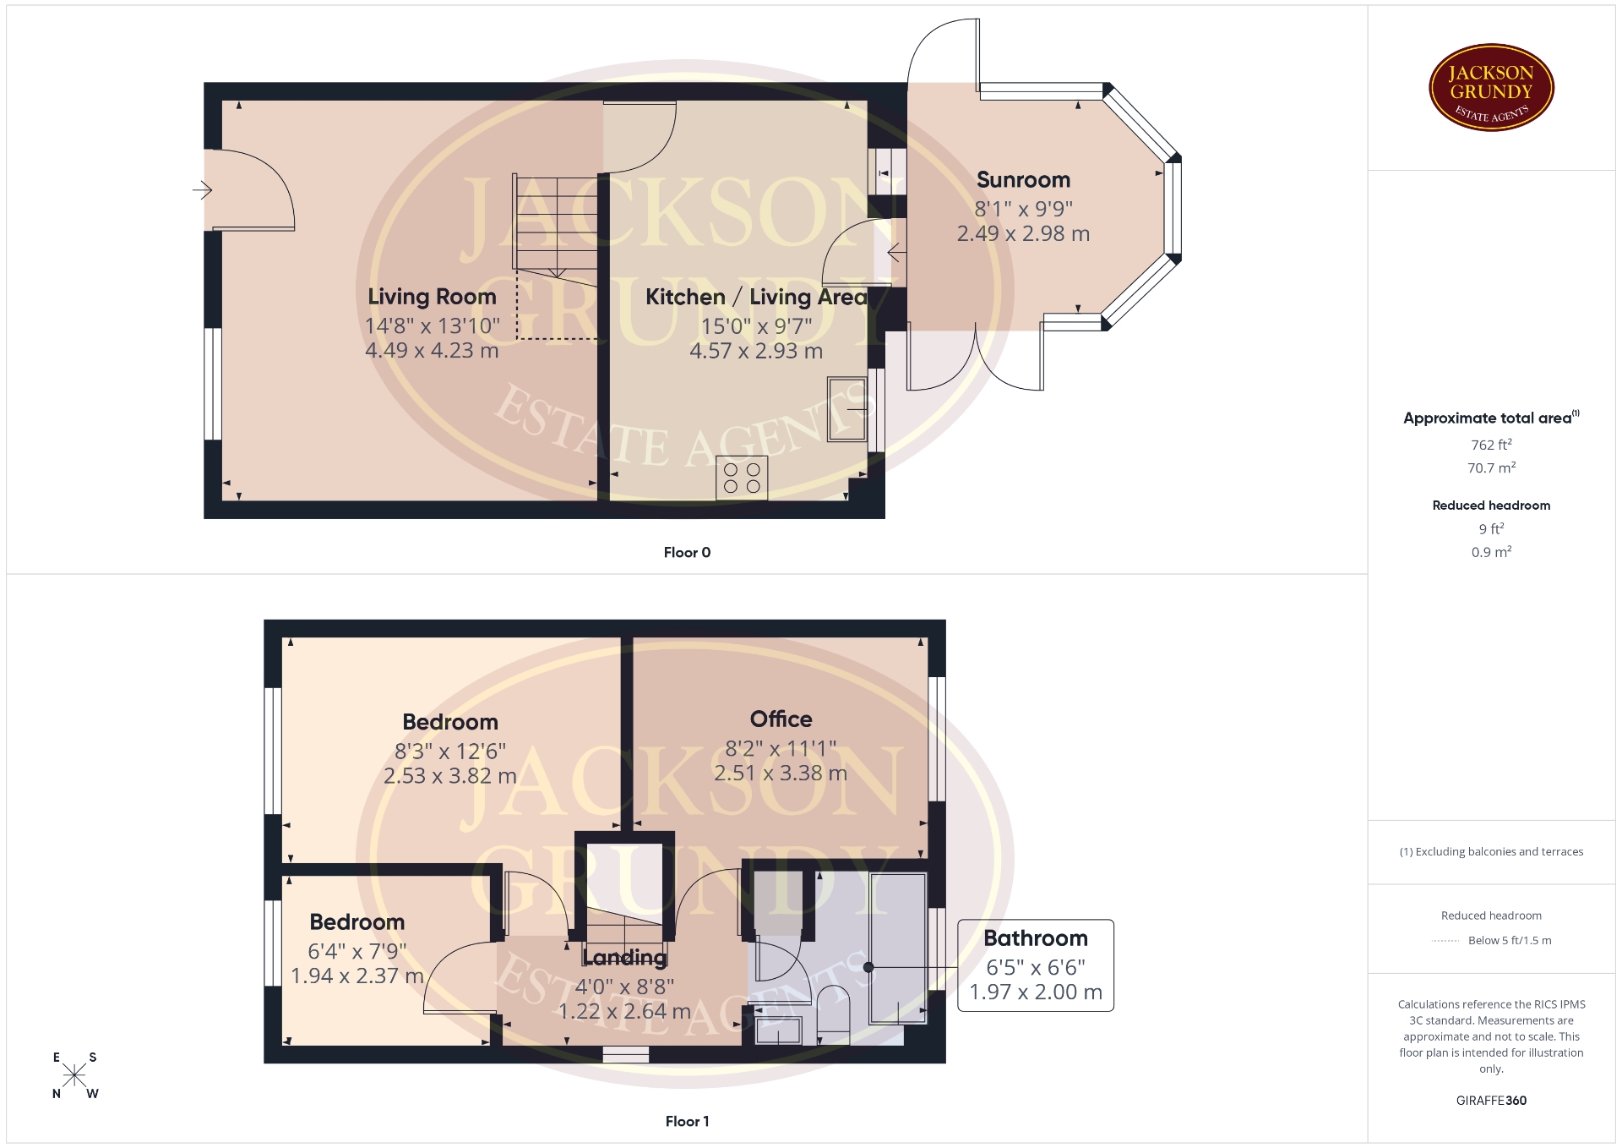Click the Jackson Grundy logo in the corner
1491,88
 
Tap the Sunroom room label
1023,180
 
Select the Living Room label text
432,297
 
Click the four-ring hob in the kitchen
742,478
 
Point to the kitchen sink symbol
847,409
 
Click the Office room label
781,719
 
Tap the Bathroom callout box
1036,965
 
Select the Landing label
624,958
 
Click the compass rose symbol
74,1075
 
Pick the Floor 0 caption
687,553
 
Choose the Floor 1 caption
687,1122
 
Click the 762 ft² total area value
1491,445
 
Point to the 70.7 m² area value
1491,467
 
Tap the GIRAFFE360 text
1491,1101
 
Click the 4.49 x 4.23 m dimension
432,351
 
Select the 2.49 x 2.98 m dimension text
1023,234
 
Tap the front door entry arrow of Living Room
202,190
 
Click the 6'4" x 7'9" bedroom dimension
357,952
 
